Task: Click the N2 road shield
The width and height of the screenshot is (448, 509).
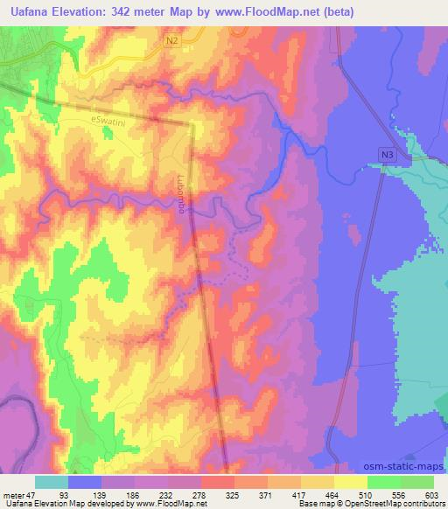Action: pyautogui.click(x=172, y=39)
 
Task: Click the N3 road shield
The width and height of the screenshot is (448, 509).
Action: pyautogui.click(x=387, y=154)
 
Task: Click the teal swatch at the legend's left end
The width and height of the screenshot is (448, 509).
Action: pyautogui.click(x=51, y=481)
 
